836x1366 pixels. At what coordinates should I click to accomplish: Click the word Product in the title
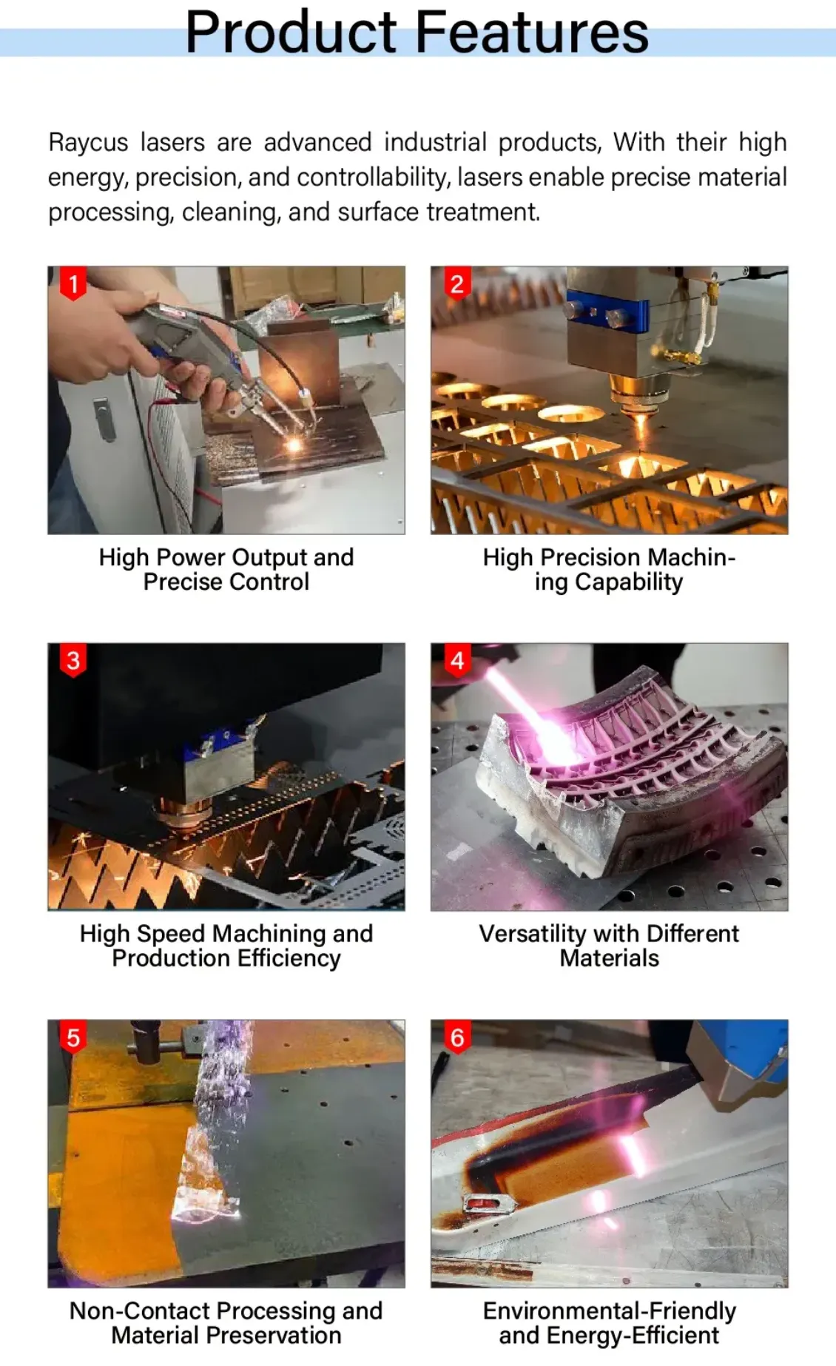291,32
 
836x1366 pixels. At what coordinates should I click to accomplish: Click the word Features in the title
532,32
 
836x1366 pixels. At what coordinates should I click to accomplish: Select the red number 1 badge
73,285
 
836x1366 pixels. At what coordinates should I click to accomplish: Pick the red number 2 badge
457,284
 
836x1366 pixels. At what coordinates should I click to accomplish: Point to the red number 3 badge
73,661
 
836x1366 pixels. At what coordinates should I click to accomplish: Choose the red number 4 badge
457,661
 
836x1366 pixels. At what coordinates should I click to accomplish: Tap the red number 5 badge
73,1038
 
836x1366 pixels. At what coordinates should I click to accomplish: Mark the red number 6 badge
457,1038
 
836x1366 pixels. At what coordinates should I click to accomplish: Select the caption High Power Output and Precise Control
226,569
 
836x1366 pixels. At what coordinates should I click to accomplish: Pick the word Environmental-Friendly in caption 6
610,1311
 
